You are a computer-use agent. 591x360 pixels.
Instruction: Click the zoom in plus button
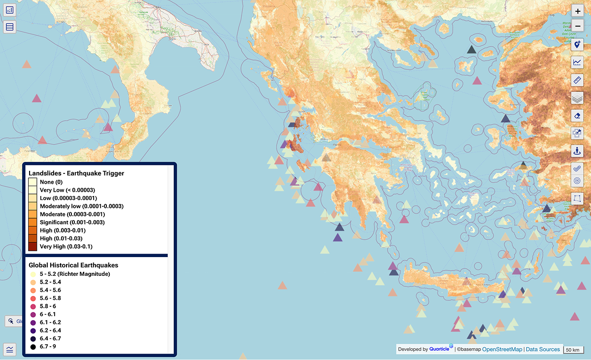click(x=577, y=11)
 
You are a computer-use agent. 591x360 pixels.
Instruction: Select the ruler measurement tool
click(x=577, y=80)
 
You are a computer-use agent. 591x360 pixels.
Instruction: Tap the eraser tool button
click(x=577, y=115)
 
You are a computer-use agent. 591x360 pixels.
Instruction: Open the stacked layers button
click(x=577, y=98)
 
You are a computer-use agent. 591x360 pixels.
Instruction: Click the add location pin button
click(x=577, y=45)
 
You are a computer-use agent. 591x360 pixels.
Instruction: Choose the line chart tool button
click(x=577, y=62)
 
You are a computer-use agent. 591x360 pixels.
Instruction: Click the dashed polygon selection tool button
click(x=577, y=199)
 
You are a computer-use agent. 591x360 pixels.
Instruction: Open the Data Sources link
click(x=543, y=349)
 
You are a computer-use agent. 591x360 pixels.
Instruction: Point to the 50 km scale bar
click(x=572, y=350)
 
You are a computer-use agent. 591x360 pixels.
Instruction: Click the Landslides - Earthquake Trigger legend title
click(x=76, y=173)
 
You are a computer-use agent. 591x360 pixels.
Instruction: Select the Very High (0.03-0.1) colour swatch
click(x=33, y=246)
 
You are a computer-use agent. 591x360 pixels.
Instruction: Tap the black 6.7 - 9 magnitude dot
click(x=33, y=347)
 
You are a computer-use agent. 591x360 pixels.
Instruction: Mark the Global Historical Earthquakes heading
click(x=73, y=265)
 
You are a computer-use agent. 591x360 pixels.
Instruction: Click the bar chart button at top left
click(x=10, y=10)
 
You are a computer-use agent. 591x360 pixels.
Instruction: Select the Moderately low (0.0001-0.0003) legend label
click(x=81, y=206)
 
